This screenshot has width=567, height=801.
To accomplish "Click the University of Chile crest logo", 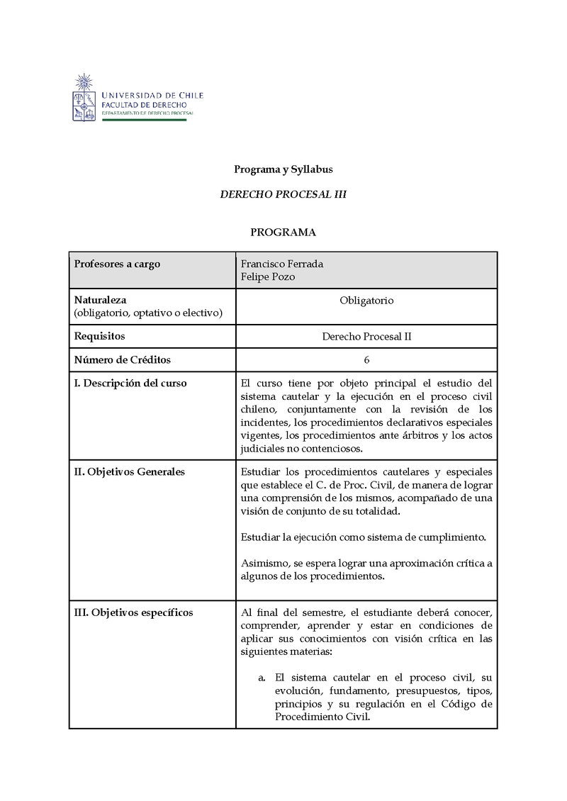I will point(85,97).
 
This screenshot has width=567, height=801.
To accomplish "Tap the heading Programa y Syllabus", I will point(283,170).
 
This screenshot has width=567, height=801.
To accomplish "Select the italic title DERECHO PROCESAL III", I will point(283,194).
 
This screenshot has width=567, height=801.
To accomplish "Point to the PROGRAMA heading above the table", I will point(283,232).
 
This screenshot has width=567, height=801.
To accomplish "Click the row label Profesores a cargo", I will point(118,264).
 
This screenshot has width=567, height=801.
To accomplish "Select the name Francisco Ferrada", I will point(282,264).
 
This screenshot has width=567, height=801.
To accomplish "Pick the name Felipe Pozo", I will point(268,277).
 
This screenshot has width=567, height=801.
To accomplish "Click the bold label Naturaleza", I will point(100,301).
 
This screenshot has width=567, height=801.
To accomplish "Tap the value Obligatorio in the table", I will point(366,301).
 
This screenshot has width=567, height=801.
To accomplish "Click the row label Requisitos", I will point(100,337).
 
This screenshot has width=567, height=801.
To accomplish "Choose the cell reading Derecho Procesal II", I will point(366,337).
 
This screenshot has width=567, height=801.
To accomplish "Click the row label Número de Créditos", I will point(123,360).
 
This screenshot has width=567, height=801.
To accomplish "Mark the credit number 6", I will point(366,360).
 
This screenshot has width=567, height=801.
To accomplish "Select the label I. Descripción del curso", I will point(130,383).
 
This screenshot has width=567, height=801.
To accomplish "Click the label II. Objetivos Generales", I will point(130,472).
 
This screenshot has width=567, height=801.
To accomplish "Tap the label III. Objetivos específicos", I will point(133,612).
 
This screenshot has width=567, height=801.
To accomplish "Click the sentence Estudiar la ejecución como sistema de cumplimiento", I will point(364,537).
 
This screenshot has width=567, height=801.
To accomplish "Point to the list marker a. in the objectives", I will point(262,677).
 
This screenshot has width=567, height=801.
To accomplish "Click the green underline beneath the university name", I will point(145,120).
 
